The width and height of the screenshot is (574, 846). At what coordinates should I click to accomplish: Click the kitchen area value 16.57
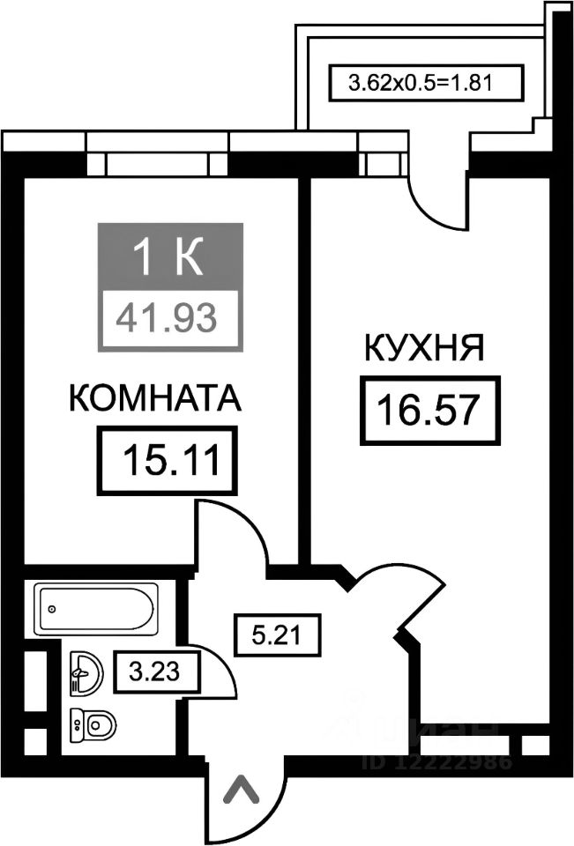pos(429,410)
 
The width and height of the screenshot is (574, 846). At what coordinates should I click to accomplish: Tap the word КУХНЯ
pos(424,348)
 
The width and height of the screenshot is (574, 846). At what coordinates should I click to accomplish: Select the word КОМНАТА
pos(154,399)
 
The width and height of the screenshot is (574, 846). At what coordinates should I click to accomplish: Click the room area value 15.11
pos(170,459)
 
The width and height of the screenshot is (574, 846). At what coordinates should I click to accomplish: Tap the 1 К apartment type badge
pos(168,256)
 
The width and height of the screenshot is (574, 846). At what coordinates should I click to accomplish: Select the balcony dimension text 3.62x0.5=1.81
pos(419,84)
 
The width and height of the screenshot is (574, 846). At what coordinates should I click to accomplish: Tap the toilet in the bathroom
pos(93,725)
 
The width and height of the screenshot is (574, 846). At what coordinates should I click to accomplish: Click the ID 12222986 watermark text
pos(436,761)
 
